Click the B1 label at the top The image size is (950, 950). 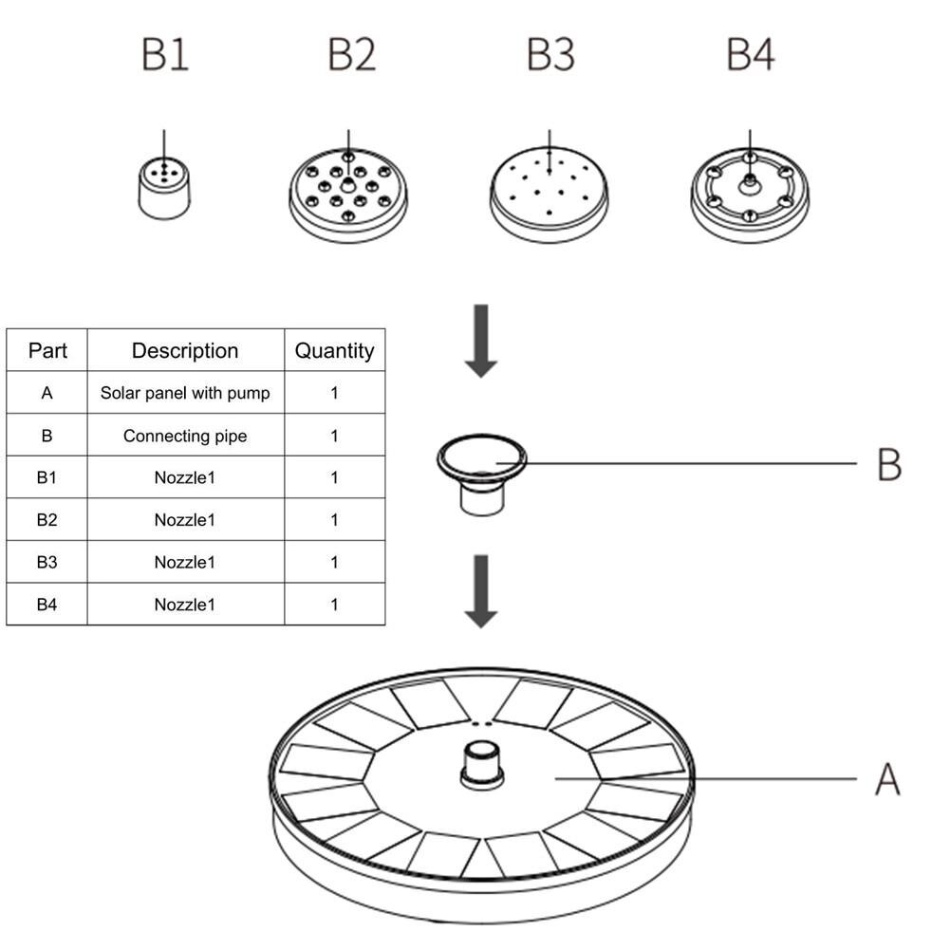point(165,55)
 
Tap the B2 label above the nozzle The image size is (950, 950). point(352,55)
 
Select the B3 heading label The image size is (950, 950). point(550,55)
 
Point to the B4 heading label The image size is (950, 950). point(750,55)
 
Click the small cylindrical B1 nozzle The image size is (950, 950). point(165,188)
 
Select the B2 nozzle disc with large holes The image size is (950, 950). point(348,195)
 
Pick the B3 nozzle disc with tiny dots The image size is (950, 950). point(550,195)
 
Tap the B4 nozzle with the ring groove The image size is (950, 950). point(750,195)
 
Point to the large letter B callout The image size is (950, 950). point(888,465)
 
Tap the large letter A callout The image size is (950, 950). point(887,779)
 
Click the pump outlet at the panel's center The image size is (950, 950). point(482,765)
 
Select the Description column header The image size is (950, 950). point(185,350)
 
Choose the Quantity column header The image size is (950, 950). point(334,350)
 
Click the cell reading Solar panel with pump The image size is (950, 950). point(185,393)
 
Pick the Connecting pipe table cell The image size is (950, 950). point(185,436)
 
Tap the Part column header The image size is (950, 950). point(47,350)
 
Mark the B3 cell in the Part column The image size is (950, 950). point(47,562)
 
